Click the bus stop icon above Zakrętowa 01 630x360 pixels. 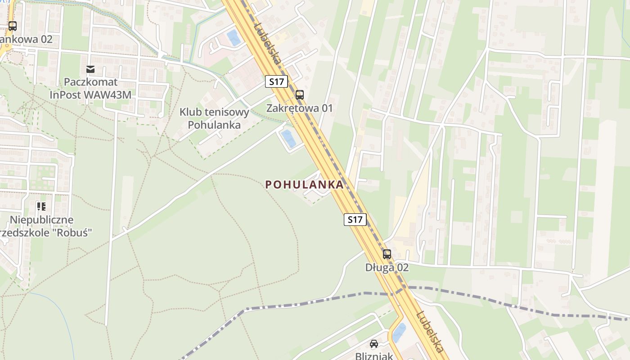pyautogui.click(x=299, y=95)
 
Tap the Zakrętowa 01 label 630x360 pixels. pyautogui.click(x=299, y=108)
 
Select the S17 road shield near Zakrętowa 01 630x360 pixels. pyautogui.click(x=276, y=81)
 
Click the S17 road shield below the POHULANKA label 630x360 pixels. pyautogui.click(x=355, y=220)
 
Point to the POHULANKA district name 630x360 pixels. pyautogui.click(x=305, y=184)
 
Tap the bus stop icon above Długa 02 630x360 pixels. pyautogui.click(x=387, y=254)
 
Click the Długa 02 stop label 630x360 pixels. pyautogui.click(x=387, y=267)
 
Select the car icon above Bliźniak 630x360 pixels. pyautogui.click(x=373, y=344)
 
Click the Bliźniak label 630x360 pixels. pyautogui.click(x=374, y=356)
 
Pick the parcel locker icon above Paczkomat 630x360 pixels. pyautogui.click(x=90, y=69)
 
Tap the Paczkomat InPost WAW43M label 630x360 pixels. pyautogui.click(x=90, y=89)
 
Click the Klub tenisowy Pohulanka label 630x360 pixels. pyautogui.click(x=214, y=118)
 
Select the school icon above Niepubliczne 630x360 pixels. pyautogui.click(x=41, y=207)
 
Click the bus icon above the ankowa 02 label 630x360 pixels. pyautogui.click(x=13, y=26)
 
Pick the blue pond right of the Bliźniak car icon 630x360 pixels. pyautogui.click(x=399, y=332)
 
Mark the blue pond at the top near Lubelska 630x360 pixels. pyautogui.click(x=234, y=37)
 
